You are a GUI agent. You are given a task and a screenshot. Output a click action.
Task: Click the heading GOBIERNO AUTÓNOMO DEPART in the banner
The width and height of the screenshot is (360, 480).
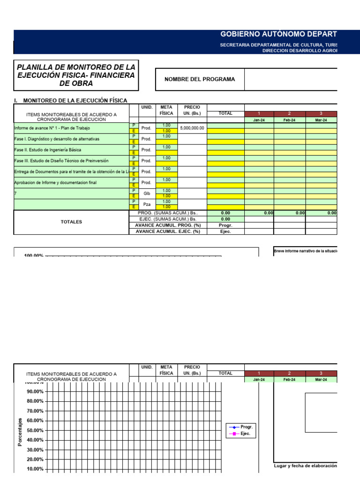pyautogui.click(x=278, y=35)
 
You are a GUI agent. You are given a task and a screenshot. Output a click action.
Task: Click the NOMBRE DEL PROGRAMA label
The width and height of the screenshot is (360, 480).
pyautogui.click(x=200, y=79)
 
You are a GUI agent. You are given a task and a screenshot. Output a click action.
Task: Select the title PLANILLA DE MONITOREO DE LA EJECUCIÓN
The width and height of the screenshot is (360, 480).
pyautogui.click(x=76, y=75)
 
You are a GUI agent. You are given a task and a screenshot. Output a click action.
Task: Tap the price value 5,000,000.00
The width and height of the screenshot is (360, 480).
pyautogui.click(x=192, y=128)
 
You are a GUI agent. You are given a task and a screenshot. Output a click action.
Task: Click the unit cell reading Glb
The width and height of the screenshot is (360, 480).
pyautogui.click(x=146, y=193)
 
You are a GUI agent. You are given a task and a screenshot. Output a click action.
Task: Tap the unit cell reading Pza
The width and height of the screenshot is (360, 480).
pyautogui.click(x=146, y=204)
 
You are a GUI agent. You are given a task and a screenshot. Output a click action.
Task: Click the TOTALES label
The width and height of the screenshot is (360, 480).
pyautogui.click(x=71, y=222)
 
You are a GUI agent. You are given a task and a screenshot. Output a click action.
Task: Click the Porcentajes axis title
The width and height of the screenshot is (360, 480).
pyautogui.click(x=20, y=432)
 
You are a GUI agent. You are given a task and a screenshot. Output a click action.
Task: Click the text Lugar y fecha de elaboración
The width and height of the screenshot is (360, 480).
pyautogui.click(x=306, y=466)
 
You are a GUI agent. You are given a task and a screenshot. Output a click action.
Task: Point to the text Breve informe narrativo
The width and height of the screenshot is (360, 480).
pyautogui.click(x=305, y=251)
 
